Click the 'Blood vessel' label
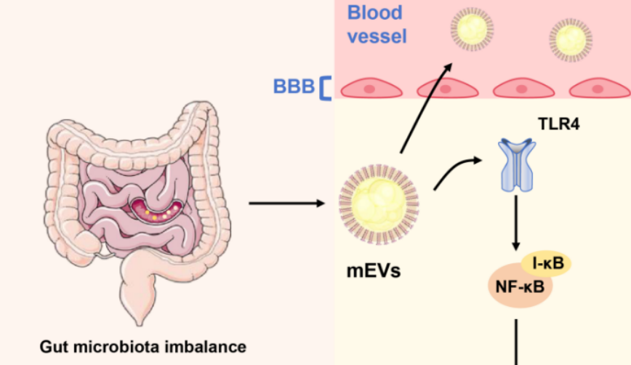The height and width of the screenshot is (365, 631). [376, 24]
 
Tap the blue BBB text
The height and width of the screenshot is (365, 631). [293, 87]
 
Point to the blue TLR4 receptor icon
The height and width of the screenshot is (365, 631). [517, 166]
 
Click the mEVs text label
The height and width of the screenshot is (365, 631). [372, 273]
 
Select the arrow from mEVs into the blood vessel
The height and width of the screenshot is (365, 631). [425, 109]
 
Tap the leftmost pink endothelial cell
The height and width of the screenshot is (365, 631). [369, 88]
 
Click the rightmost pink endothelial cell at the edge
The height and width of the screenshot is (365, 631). [599, 88]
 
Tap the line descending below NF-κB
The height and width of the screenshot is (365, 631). [517, 342]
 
